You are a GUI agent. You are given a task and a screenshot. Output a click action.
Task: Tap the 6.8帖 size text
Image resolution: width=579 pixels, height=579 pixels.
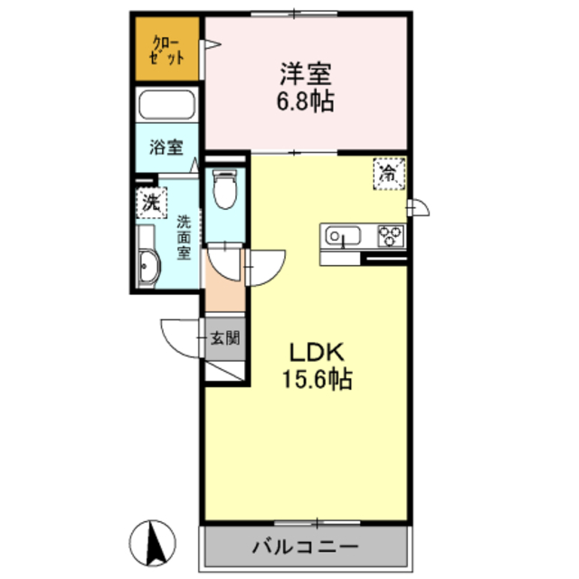point(306,100)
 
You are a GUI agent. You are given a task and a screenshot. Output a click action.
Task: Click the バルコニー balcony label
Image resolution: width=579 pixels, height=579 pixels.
point(305,546)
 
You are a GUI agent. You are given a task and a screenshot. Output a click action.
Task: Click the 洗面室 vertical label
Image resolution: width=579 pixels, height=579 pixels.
point(183,237)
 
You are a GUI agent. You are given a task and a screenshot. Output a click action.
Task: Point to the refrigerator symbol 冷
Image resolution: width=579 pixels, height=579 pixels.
point(388,172)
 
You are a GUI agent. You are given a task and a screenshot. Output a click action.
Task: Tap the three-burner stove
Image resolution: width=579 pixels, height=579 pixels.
point(391,236)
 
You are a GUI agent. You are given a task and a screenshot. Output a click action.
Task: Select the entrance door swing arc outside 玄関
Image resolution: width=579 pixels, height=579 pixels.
point(178,338)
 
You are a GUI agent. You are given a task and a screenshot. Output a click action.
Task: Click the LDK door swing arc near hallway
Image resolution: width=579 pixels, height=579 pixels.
point(262,269)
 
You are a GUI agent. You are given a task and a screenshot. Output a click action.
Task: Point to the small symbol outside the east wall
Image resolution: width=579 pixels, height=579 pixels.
point(417,208)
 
